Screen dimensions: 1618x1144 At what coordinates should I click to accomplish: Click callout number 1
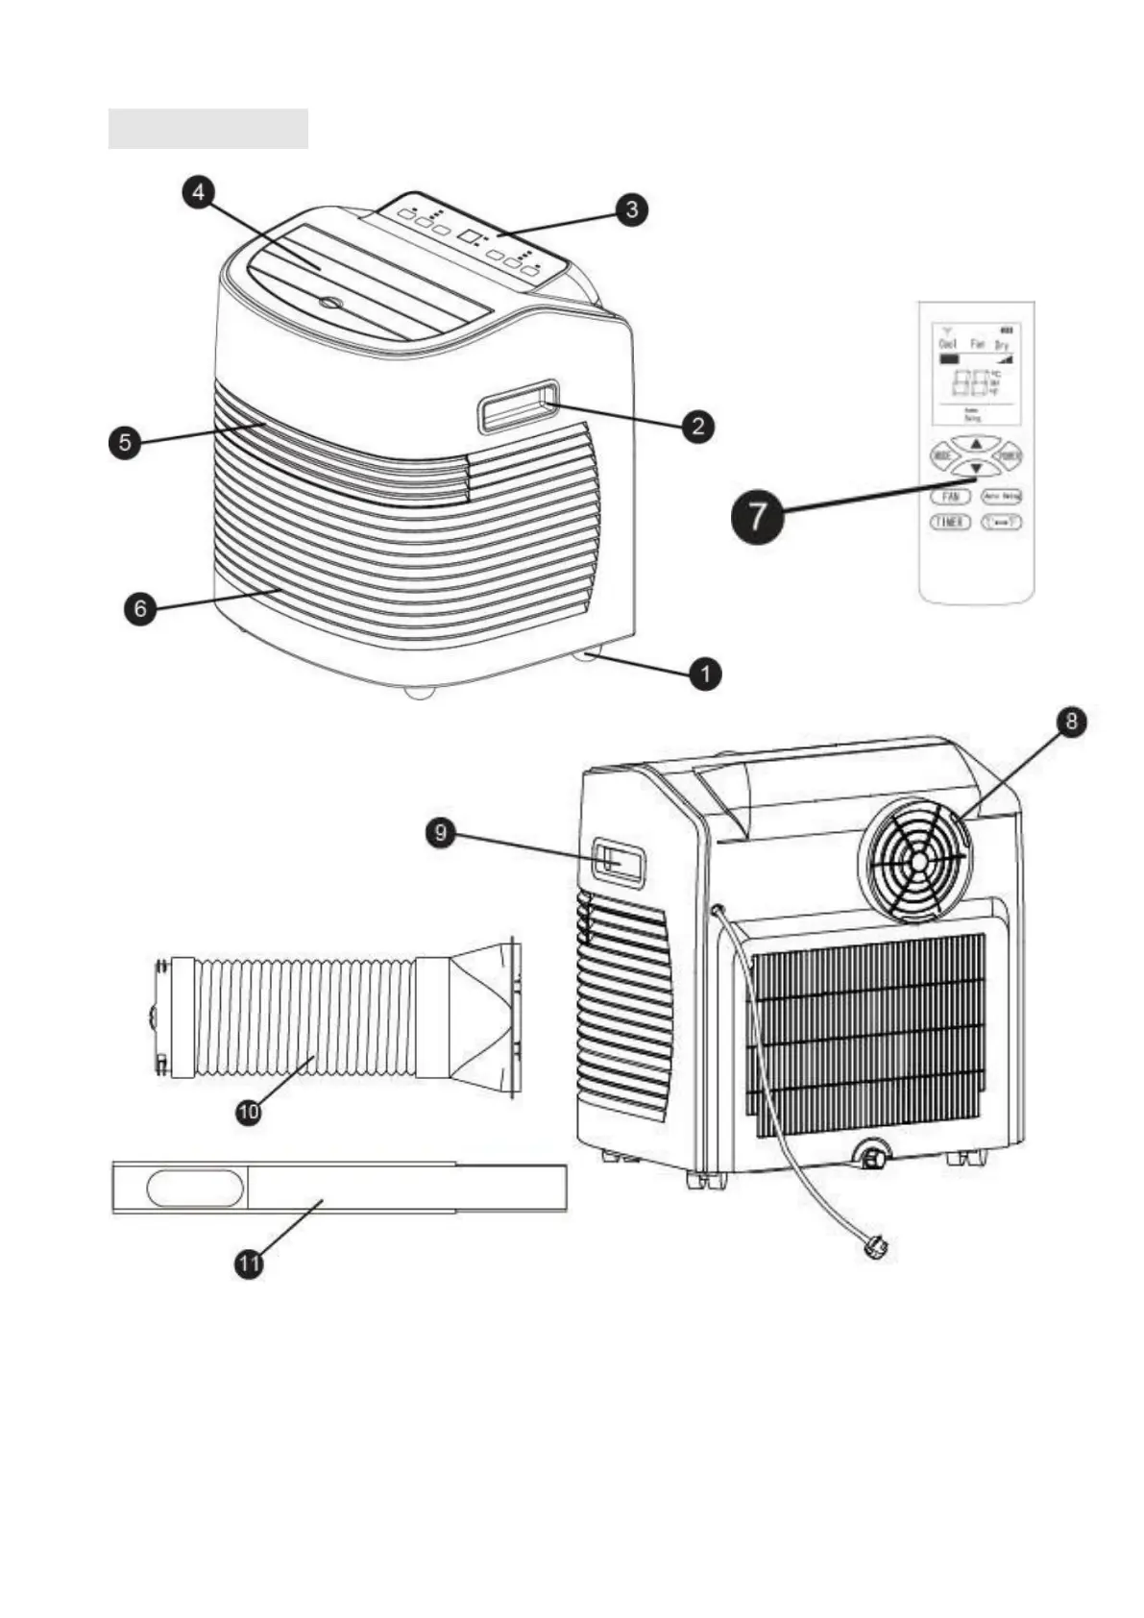pyautogui.click(x=705, y=674)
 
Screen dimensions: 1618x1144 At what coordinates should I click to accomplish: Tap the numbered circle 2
pyautogui.click(x=698, y=426)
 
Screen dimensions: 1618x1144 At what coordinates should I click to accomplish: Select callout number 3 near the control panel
pyautogui.click(x=631, y=208)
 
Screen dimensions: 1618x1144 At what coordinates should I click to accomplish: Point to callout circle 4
pyautogui.click(x=198, y=192)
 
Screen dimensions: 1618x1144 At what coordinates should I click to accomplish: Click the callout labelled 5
pyautogui.click(x=125, y=443)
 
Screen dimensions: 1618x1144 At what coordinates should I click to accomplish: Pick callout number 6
pyautogui.click(x=141, y=608)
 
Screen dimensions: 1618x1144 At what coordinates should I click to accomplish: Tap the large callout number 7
pyautogui.click(x=758, y=516)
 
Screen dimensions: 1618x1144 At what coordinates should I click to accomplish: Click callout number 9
pyautogui.click(x=441, y=832)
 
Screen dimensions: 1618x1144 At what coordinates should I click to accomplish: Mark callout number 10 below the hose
pyautogui.click(x=249, y=1112)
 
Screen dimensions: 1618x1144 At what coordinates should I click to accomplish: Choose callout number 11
pyautogui.click(x=249, y=1263)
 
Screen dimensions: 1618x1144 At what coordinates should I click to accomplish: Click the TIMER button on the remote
pyautogui.click(x=949, y=522)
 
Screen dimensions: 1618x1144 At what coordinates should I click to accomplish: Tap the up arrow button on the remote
pyautogui.click(x=975, y=444)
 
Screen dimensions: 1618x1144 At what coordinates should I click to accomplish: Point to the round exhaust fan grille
pyautogui.click(x=915, y=860)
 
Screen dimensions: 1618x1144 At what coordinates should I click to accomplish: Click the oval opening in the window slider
pyautogui.click(x=195, y=1188)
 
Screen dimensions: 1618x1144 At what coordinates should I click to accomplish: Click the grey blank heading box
pyautogui.click(x=207, y=129)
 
